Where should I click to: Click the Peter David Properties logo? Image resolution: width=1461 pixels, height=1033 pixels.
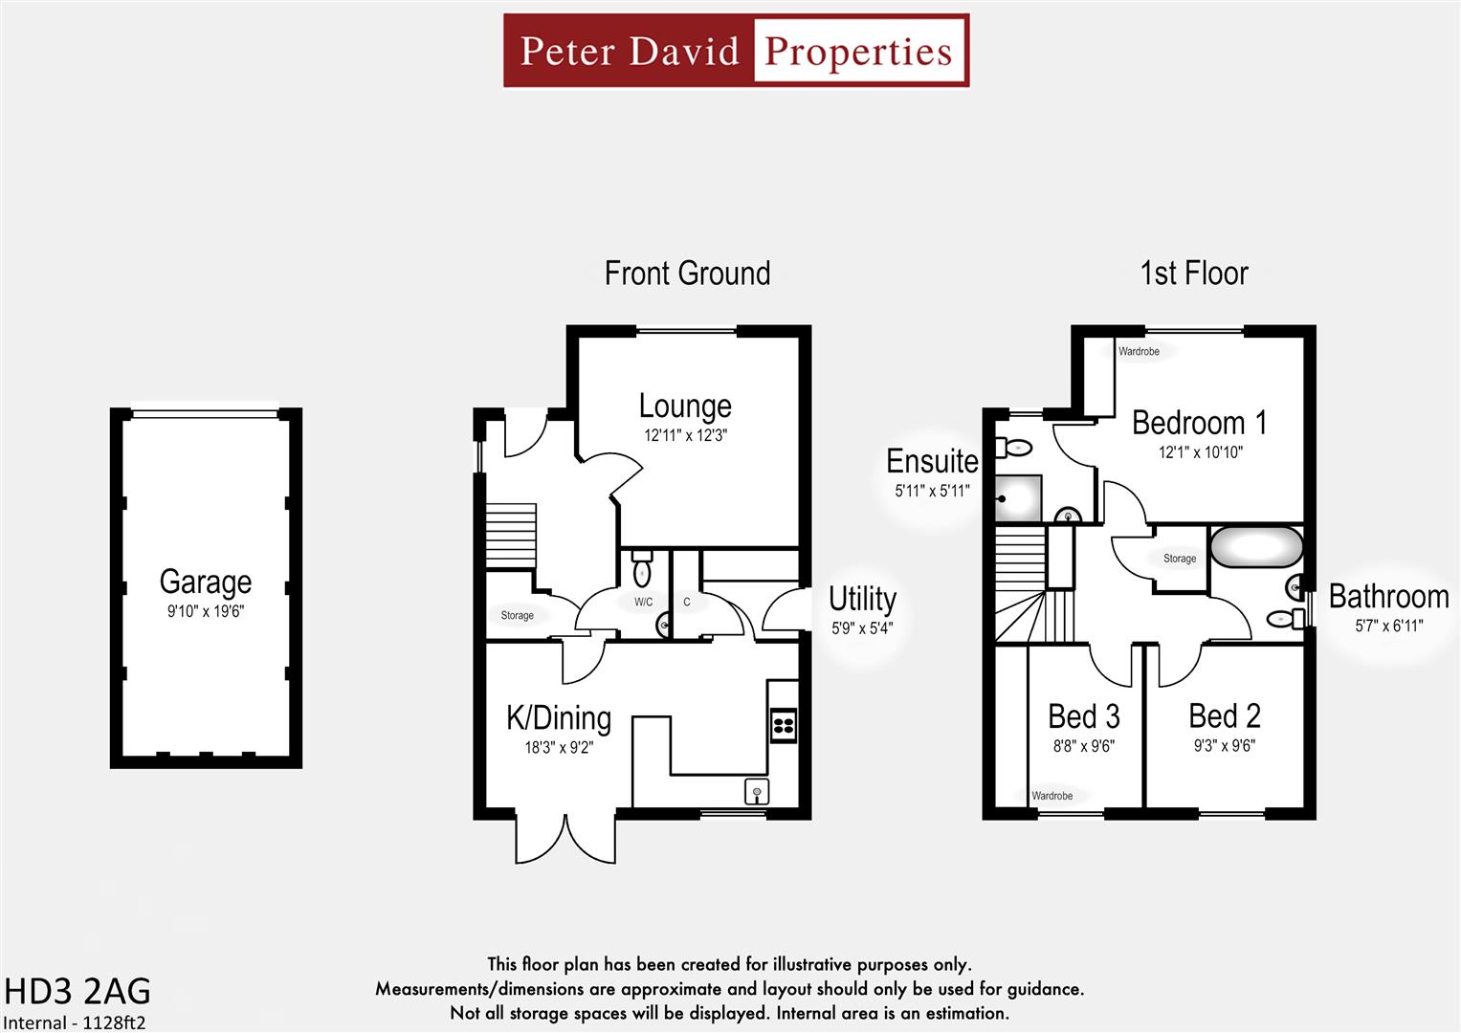coord(736,51)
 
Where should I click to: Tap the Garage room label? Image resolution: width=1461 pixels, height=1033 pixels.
coord(206,582)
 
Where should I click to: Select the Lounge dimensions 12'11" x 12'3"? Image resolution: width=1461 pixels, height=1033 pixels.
coord(685,436)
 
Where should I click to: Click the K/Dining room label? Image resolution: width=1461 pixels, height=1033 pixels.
coord(559,717)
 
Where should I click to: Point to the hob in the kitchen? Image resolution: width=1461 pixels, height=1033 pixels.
coord(783,724)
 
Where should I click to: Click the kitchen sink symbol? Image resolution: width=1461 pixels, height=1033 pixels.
coord(756,792)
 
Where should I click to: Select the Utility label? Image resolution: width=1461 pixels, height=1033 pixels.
coord(862,599)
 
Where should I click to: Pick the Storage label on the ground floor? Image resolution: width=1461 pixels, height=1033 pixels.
coord(517,616)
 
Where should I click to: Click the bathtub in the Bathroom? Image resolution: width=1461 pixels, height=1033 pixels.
coord(1256,547)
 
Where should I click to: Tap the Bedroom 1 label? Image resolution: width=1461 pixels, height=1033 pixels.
coord(1199,423)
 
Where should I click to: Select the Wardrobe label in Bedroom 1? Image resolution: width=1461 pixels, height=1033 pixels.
coord(1139,352)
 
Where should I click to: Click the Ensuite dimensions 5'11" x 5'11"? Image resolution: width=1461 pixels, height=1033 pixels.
coord(932,492)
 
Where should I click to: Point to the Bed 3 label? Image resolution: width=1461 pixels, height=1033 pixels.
coord(1083,716)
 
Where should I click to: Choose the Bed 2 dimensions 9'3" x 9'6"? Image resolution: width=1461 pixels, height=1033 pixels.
coord(1224,746)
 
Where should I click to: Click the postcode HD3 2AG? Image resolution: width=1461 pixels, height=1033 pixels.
coord(77,991)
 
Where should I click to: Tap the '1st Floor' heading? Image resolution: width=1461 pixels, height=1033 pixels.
coord(1194,274)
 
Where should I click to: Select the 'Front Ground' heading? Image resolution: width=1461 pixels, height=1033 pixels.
coord(687,274)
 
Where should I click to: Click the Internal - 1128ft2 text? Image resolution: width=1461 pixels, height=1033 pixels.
coord(75,1022)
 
